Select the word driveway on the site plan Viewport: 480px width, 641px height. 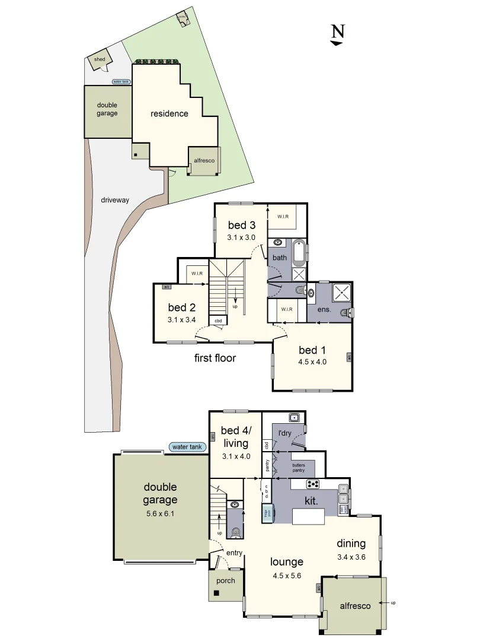pyautogui.click(x=115, y=200)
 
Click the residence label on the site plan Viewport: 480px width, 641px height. pyautogui.click(x=169, y=113)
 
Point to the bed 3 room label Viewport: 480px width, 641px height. pyautogui.click(x=241, y=225)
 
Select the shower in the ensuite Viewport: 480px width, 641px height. pyautogui.click(x=340, y=291)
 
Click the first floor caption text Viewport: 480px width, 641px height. pyautogui.click(x=215, y=358)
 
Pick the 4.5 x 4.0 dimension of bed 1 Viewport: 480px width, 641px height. pyautogui.click(x=312, y=361)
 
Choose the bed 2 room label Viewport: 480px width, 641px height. pyautogui.click(x=181, y=307)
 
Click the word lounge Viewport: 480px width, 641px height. pyautogui.click(x=287, y=562)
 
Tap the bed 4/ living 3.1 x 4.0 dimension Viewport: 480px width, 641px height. pyautogui.click(x=236, y=457)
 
